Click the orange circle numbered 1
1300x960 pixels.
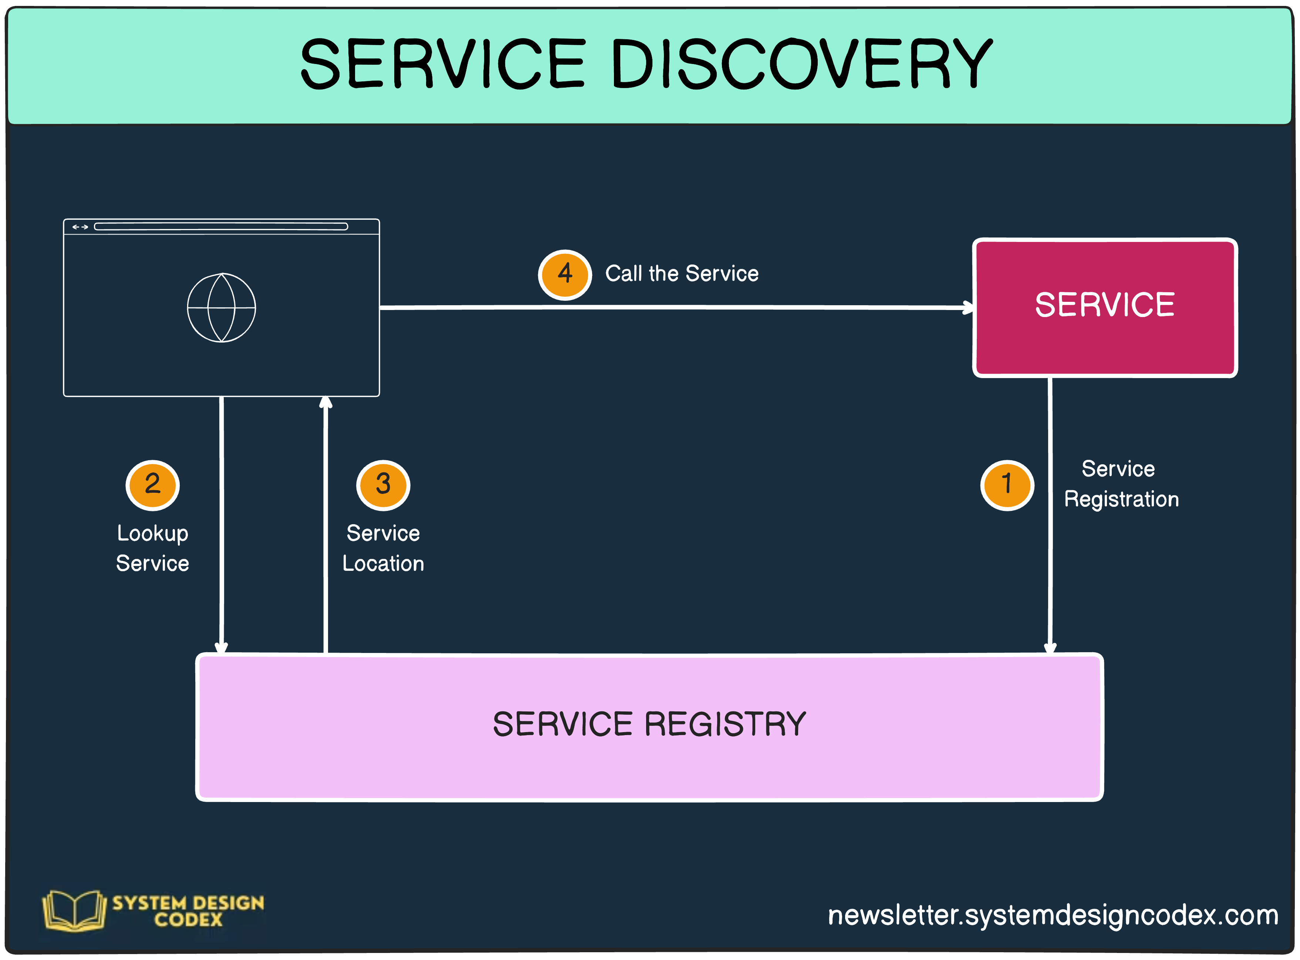coord(1007,485)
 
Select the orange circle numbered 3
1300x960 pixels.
coord(383,485)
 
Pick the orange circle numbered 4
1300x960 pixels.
coord(565,274)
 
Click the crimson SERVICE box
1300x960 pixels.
coord(1104,337)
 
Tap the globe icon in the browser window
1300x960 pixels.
coord(221,307)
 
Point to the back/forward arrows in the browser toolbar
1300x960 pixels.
coord(80,227)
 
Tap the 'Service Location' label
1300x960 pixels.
coord(383,548)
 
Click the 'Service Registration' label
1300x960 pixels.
coord(1121,484)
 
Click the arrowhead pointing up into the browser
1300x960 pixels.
coord(326,403)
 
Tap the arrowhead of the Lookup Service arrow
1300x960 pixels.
coord(221,647)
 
